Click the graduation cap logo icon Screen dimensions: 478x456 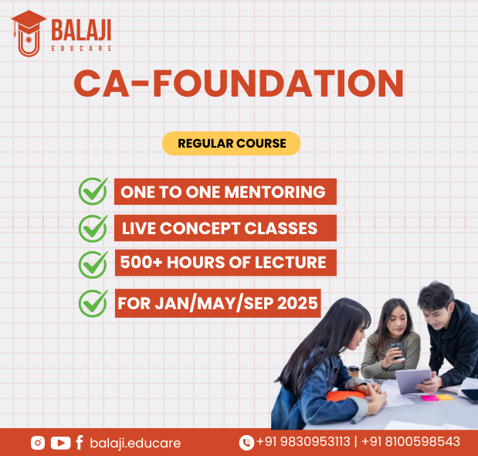[29, 33]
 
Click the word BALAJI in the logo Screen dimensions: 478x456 [81, 30]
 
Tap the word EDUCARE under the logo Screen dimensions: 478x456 [81, 49]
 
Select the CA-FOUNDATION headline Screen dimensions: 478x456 [239, 83]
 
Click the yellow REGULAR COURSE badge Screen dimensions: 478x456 [232, 143]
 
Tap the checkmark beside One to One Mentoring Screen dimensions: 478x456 [93, 191]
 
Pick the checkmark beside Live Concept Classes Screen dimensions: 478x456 [93, 229]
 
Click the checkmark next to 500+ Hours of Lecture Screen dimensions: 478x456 [93, 265]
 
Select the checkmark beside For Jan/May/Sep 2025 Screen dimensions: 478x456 [93, 303]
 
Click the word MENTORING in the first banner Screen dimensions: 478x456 [275, 192]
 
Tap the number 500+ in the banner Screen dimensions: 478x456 [141, 262]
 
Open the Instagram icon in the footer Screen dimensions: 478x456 [38, 443]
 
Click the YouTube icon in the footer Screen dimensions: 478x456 [60, 443]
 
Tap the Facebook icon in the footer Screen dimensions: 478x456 [80, 443]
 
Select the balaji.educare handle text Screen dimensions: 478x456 [135, 443]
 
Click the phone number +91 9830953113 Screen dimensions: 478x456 [303, 441]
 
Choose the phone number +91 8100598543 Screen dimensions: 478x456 [411, 441]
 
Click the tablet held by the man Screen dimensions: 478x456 [413, 380]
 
